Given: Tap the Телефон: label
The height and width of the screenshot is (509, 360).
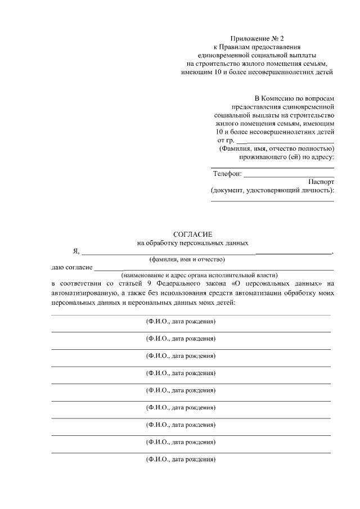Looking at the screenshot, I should pyautogui.click(x=227, y=174).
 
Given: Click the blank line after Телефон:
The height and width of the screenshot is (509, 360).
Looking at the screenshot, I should pyautogui.click(x=288, y=175).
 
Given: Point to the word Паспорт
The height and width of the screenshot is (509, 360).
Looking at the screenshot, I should pyautogui.click(x=321, y=182).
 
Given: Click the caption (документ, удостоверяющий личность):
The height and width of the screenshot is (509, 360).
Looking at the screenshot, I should pyautogui.click(x=272, y=191).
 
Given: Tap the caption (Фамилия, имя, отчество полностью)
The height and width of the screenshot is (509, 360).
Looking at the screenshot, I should pyautogui.click(x=276, y=148).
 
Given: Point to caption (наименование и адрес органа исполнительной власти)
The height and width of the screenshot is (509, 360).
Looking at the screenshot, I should pyautogui.click(x=200, y=275).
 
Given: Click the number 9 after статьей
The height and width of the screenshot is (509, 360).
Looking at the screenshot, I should pyautogui.click(x=149, y=283).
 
